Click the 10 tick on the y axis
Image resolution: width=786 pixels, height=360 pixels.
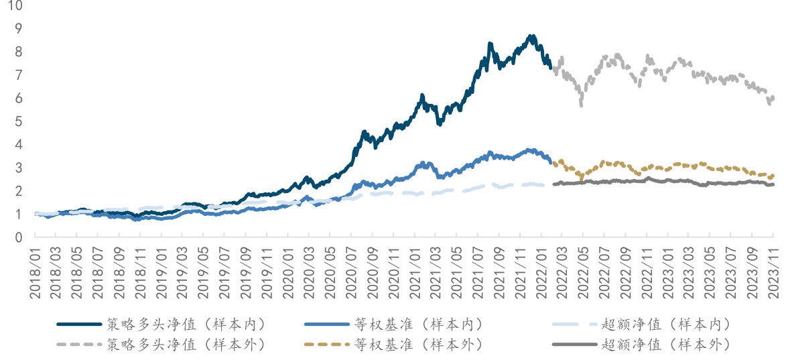(x=15, y=6)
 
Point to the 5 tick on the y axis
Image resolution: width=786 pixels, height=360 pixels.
(x=18, y=121)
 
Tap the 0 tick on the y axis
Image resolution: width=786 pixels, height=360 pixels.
(x=18, y=237)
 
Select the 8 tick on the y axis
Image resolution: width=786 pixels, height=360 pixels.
(x=18, y=52)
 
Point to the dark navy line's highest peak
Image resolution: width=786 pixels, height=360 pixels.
(x=531, y=36)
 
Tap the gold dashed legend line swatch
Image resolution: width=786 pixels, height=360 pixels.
(x=326, y=345)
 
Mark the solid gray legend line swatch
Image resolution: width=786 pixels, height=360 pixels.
(x=574, y=345)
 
